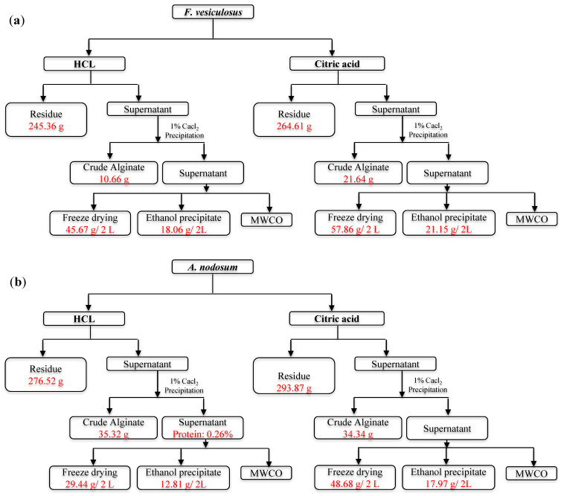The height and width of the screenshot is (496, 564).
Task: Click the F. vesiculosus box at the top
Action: point(213,12)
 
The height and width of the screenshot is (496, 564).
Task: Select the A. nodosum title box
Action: point(213,267)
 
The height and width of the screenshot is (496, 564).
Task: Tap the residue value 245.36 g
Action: point(46,126)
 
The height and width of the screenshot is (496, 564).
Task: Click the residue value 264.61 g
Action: point(294,126)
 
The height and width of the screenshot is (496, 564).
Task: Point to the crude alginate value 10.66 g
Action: point(114,179)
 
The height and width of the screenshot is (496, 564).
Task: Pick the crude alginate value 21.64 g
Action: point(358,179)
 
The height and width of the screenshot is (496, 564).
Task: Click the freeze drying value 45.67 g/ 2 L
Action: point(90,230)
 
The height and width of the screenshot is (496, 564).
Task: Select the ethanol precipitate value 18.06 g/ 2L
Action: point(184,230)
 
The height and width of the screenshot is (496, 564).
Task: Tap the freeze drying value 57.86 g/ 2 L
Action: point(356,229)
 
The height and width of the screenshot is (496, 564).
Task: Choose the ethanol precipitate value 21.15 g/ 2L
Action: point(449,229)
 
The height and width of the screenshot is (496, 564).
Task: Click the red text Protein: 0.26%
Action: point(203,434)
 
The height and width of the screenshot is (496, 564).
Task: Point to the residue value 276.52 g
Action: point(45,381)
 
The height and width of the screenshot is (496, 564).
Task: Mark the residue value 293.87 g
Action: point(294,388)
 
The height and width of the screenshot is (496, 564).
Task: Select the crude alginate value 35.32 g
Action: point(113,434)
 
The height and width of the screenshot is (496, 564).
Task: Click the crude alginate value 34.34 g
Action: point(358,434)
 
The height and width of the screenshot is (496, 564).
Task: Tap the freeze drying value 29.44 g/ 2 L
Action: point(89,485)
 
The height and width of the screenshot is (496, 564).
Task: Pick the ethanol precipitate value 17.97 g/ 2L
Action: point(448,484)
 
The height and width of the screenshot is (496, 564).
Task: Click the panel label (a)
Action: point(17,21)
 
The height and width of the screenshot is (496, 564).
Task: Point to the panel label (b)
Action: point(18,282)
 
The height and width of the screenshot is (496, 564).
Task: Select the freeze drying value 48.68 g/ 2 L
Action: point(355,484)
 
